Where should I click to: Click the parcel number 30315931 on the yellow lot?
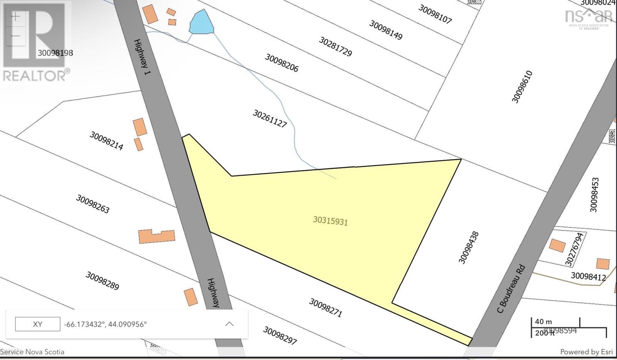(x=330, y=221)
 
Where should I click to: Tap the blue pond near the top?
(x=201, y=23)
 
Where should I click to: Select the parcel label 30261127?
(x=270, y=118)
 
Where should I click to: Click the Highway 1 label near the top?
(x=142, y=57)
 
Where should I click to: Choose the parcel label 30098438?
(x=469, y=247)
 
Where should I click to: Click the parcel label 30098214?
(x=106, y=141)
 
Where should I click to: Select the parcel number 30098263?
(x=93, y=204)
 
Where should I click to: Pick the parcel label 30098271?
(x=325, y=308)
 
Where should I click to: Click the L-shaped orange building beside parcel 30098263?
(x=157, y=236)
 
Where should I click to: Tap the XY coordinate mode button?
(x=37, y=324)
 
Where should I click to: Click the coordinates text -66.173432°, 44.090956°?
(x=105, y=324)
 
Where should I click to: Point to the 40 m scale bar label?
(x=543, y=321)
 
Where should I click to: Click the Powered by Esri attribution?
(x=586, y=352)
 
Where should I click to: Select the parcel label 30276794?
(x=574, y=249)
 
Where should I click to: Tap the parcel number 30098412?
(x=588, y=276)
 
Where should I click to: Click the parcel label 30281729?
(x=335, y=46)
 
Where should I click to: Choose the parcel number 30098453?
(x=594, y=195)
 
